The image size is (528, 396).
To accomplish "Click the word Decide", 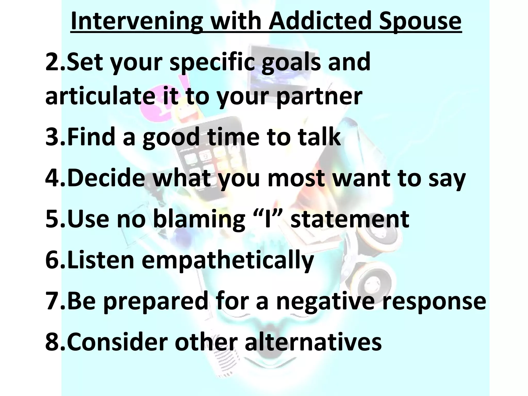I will [x=106, y=178].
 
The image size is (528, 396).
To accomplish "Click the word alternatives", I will [x=313, y=342].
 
